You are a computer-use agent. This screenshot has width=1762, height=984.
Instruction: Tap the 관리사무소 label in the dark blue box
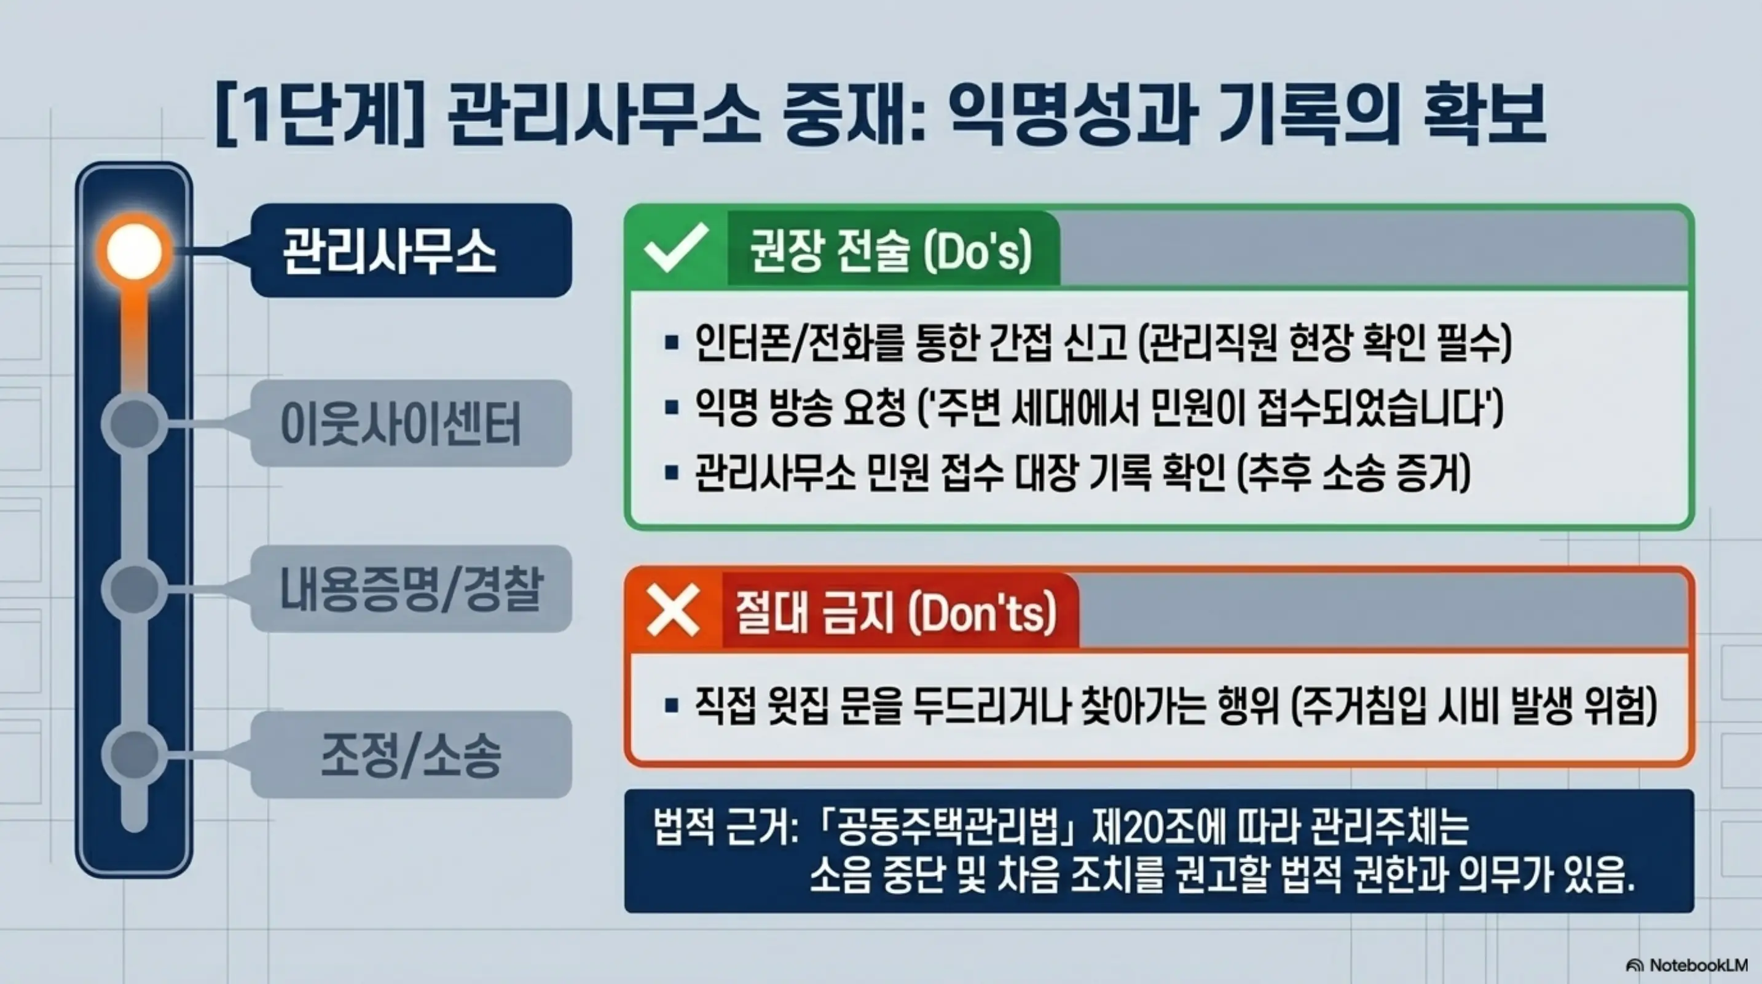pos(388,252)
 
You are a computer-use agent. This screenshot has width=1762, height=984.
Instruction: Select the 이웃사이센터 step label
pos(401,424)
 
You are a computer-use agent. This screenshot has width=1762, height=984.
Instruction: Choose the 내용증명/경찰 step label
pos(411,589)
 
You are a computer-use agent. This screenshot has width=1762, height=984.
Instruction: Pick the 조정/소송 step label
pos(411,754)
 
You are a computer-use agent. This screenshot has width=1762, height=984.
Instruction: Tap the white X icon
pos(673,610)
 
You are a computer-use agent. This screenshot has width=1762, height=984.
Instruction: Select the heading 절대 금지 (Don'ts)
pos(896,613)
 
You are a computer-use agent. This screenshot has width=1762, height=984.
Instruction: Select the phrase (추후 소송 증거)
pos(1355,473)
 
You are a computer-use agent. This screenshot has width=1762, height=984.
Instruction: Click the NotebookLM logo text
pos(1697,965)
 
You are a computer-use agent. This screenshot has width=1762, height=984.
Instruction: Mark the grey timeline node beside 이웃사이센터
pos(134,424)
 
